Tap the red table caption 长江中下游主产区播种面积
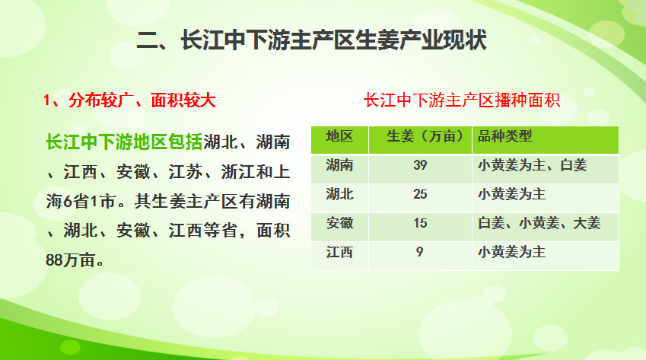pos(463,101)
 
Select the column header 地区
pos(339,137)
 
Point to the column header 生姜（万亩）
pos(425,137)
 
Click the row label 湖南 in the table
pos(339,165)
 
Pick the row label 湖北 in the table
pos(339,194)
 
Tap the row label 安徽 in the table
pos(339,223)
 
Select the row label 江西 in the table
pos(339,252)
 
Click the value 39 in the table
pos(420,165)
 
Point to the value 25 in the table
pos(420,194)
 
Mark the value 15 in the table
pos(420,223)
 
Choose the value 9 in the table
pos(420,252)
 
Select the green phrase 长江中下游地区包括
pos(124,142)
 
